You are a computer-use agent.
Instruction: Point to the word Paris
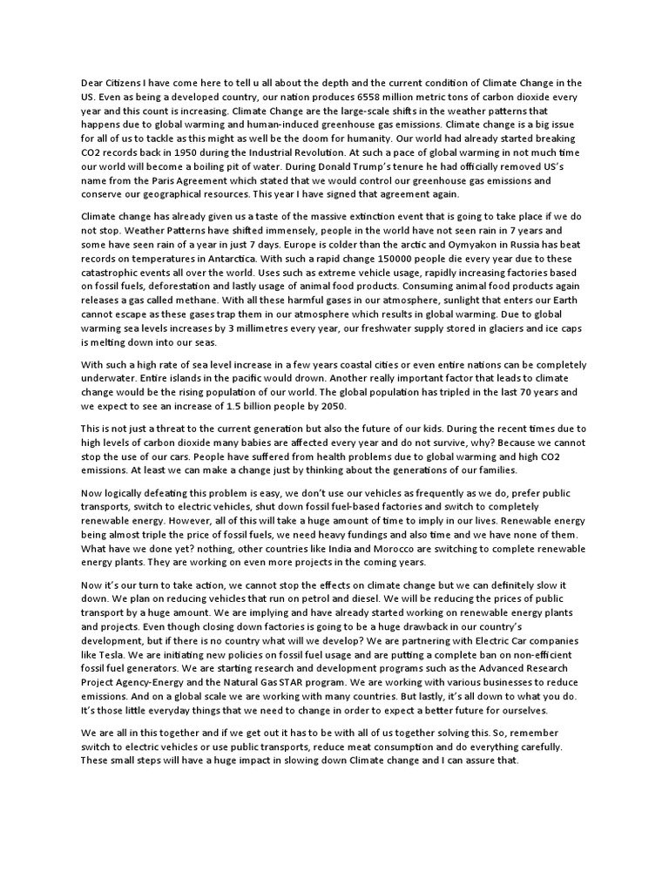click(x=141, y=180)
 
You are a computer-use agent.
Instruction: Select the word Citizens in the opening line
click(x=127, y=83)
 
